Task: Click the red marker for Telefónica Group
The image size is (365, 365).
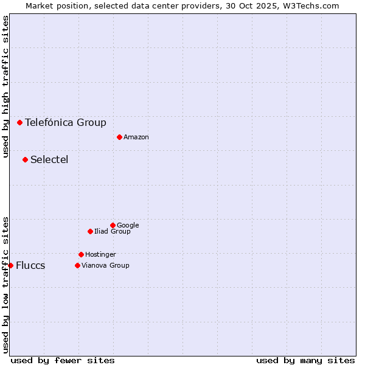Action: click(19, 122)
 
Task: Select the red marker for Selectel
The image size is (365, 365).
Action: click(25, 159)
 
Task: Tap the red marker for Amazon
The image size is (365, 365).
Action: click(119, 137)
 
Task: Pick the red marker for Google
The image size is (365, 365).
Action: click(113, 225)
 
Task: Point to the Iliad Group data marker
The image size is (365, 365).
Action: click(90, 231)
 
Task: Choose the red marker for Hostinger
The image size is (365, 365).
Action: click(81, 254)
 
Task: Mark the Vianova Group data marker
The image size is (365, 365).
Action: click(77, 265)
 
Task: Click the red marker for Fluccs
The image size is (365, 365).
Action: click(10, 265)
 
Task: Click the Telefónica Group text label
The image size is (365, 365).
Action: click(66, 122)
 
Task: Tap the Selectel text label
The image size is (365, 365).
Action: click(49, 160)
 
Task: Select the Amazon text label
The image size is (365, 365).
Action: click(136, 137)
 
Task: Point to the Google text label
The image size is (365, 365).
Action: click(128, 226)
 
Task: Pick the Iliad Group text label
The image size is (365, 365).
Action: click(113, 232)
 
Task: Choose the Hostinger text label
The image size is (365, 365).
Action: click(100, 255)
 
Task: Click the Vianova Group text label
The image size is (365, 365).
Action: click(105, 266)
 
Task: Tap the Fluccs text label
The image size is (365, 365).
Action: click(30, 266)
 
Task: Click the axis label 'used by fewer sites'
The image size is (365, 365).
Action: click(63, 360)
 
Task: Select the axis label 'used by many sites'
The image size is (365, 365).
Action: click(305, 360)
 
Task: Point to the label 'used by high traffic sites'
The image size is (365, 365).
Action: click(5, 86)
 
